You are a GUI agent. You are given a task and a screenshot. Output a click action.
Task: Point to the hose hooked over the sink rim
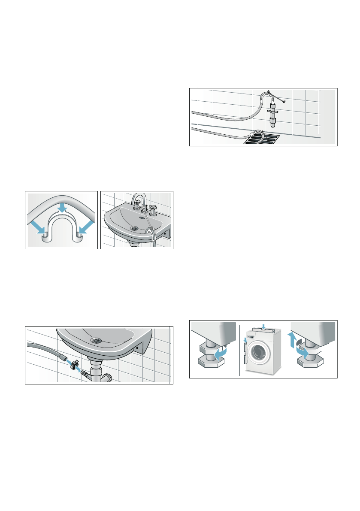point(151,234)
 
